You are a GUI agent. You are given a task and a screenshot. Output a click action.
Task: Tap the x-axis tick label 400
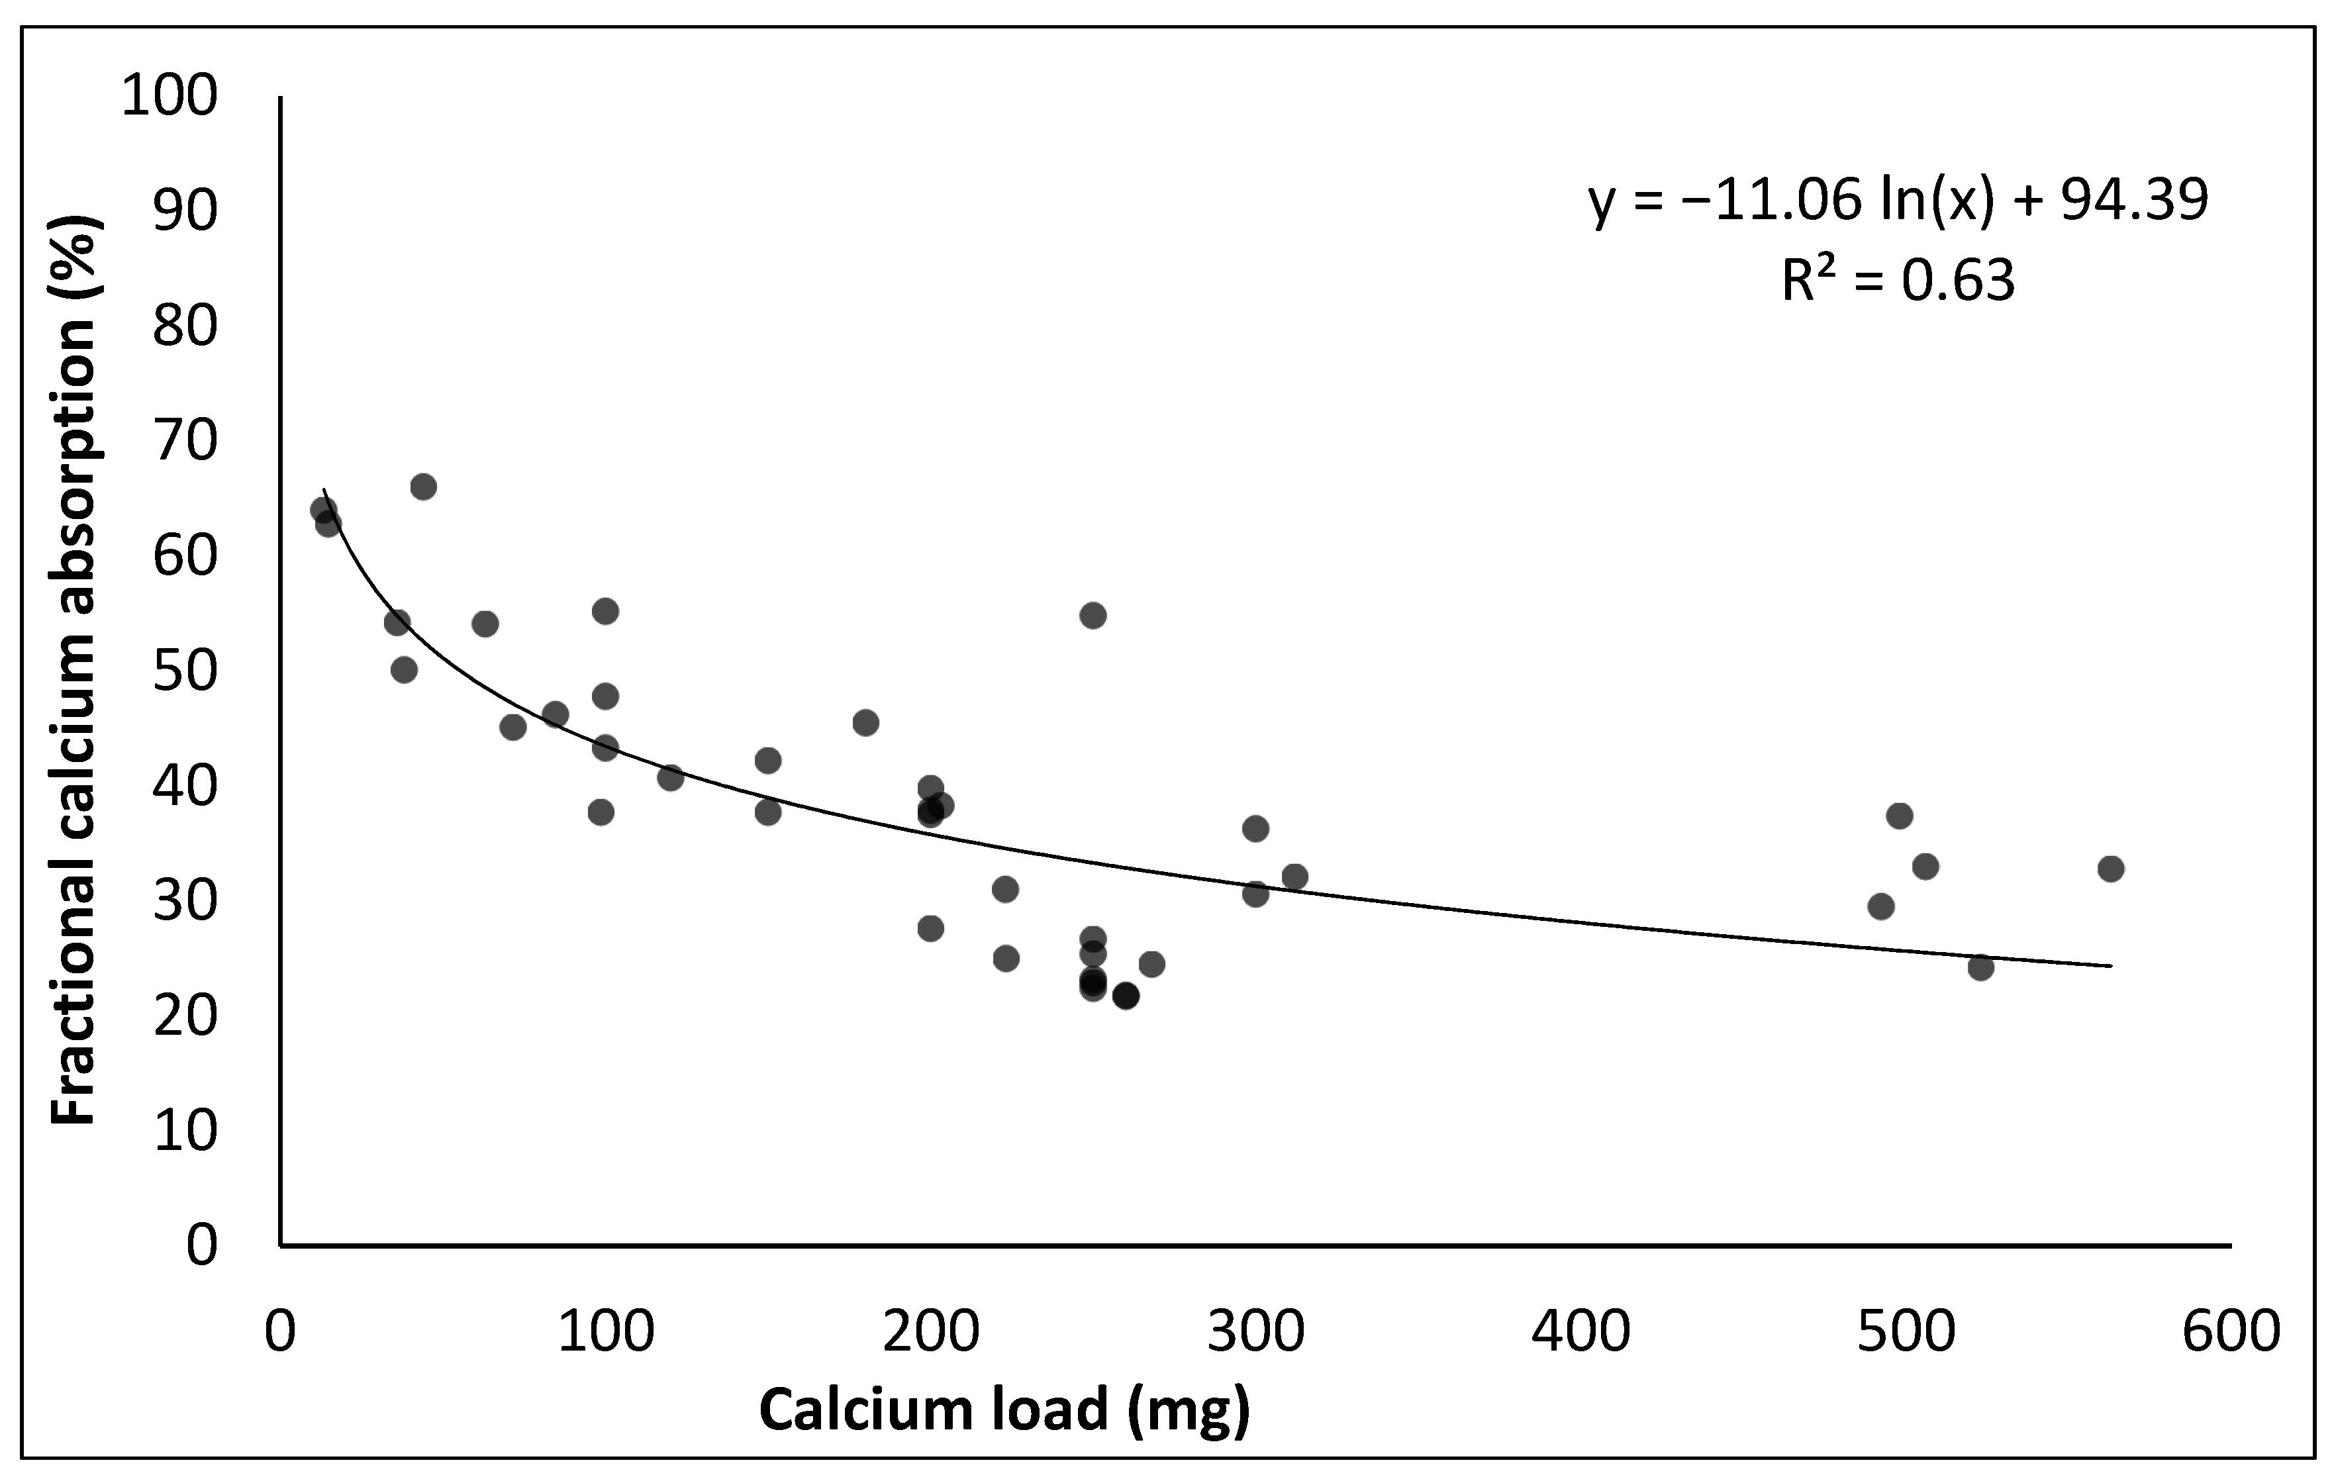coord(1580,1331)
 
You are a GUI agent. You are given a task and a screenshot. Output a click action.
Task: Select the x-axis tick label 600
coord(2230,1331)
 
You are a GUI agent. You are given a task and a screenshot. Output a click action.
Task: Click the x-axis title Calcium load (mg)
coord(1004,1410)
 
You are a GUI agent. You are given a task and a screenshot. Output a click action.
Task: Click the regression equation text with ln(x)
coord(1898,201)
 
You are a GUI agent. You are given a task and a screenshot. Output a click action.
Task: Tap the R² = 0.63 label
coord(1898,281)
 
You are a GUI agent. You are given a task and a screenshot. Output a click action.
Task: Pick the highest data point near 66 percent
coord(423,486)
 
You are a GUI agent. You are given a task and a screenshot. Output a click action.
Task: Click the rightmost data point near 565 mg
coord(2112,868)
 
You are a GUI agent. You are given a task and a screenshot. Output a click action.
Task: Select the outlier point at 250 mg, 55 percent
coord(1093,615)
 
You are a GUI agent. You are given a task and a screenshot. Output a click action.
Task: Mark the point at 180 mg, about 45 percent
coord(866,722)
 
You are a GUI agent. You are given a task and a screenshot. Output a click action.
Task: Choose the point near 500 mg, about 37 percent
coord(1900,816)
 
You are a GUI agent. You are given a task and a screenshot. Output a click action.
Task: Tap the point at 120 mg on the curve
coord(670,777)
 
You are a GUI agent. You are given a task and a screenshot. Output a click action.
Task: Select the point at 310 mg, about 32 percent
coord(1295,877)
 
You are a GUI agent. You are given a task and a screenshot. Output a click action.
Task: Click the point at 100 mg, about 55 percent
coord(605,611)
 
